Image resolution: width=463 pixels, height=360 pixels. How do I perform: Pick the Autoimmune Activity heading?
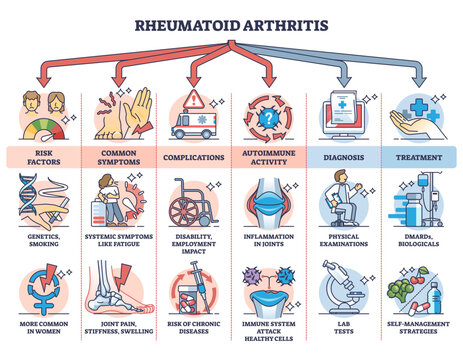click(x=269, y=156)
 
